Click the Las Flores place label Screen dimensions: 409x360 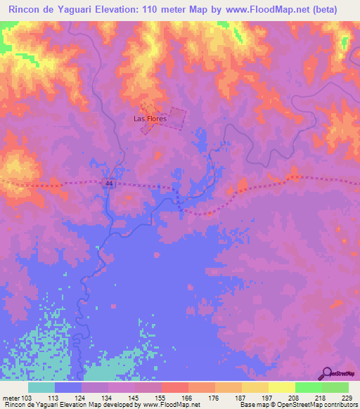click(150, 119)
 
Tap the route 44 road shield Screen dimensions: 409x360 click(109, 183)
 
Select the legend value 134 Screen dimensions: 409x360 click(108, 398)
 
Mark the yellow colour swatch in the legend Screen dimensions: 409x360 click(281, 387)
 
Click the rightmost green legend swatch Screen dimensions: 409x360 click(335, 387)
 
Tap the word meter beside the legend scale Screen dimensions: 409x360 click(11, 398)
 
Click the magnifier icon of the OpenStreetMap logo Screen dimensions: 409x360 click(327, 373)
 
